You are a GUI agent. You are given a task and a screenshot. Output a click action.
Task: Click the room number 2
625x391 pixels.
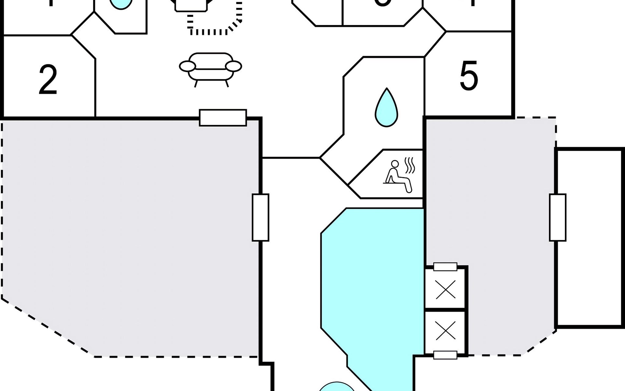48,80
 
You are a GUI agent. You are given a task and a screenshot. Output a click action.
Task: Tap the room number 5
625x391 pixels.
469,76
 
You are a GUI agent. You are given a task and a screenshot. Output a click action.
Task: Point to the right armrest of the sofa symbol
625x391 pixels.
234,66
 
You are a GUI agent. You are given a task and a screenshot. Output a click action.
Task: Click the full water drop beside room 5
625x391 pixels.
386,108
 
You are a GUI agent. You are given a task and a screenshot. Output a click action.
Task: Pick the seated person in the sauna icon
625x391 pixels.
397,178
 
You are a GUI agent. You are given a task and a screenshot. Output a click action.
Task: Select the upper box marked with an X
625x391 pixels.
445,289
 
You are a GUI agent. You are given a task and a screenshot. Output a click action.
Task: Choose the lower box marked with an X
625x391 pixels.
445,332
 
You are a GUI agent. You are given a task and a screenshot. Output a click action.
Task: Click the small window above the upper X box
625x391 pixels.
445,267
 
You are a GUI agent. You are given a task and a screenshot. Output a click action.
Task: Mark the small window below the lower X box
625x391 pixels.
445,355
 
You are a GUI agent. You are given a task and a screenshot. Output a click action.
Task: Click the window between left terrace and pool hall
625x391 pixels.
260,217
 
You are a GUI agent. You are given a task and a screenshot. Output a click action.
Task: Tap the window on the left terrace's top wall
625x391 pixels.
223,118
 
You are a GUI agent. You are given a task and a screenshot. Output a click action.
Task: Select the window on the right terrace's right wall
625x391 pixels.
558,217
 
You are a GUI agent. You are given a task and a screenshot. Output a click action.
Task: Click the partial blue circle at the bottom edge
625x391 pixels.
337,387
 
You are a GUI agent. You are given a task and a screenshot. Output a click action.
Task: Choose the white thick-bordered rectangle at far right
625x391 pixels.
590,237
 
